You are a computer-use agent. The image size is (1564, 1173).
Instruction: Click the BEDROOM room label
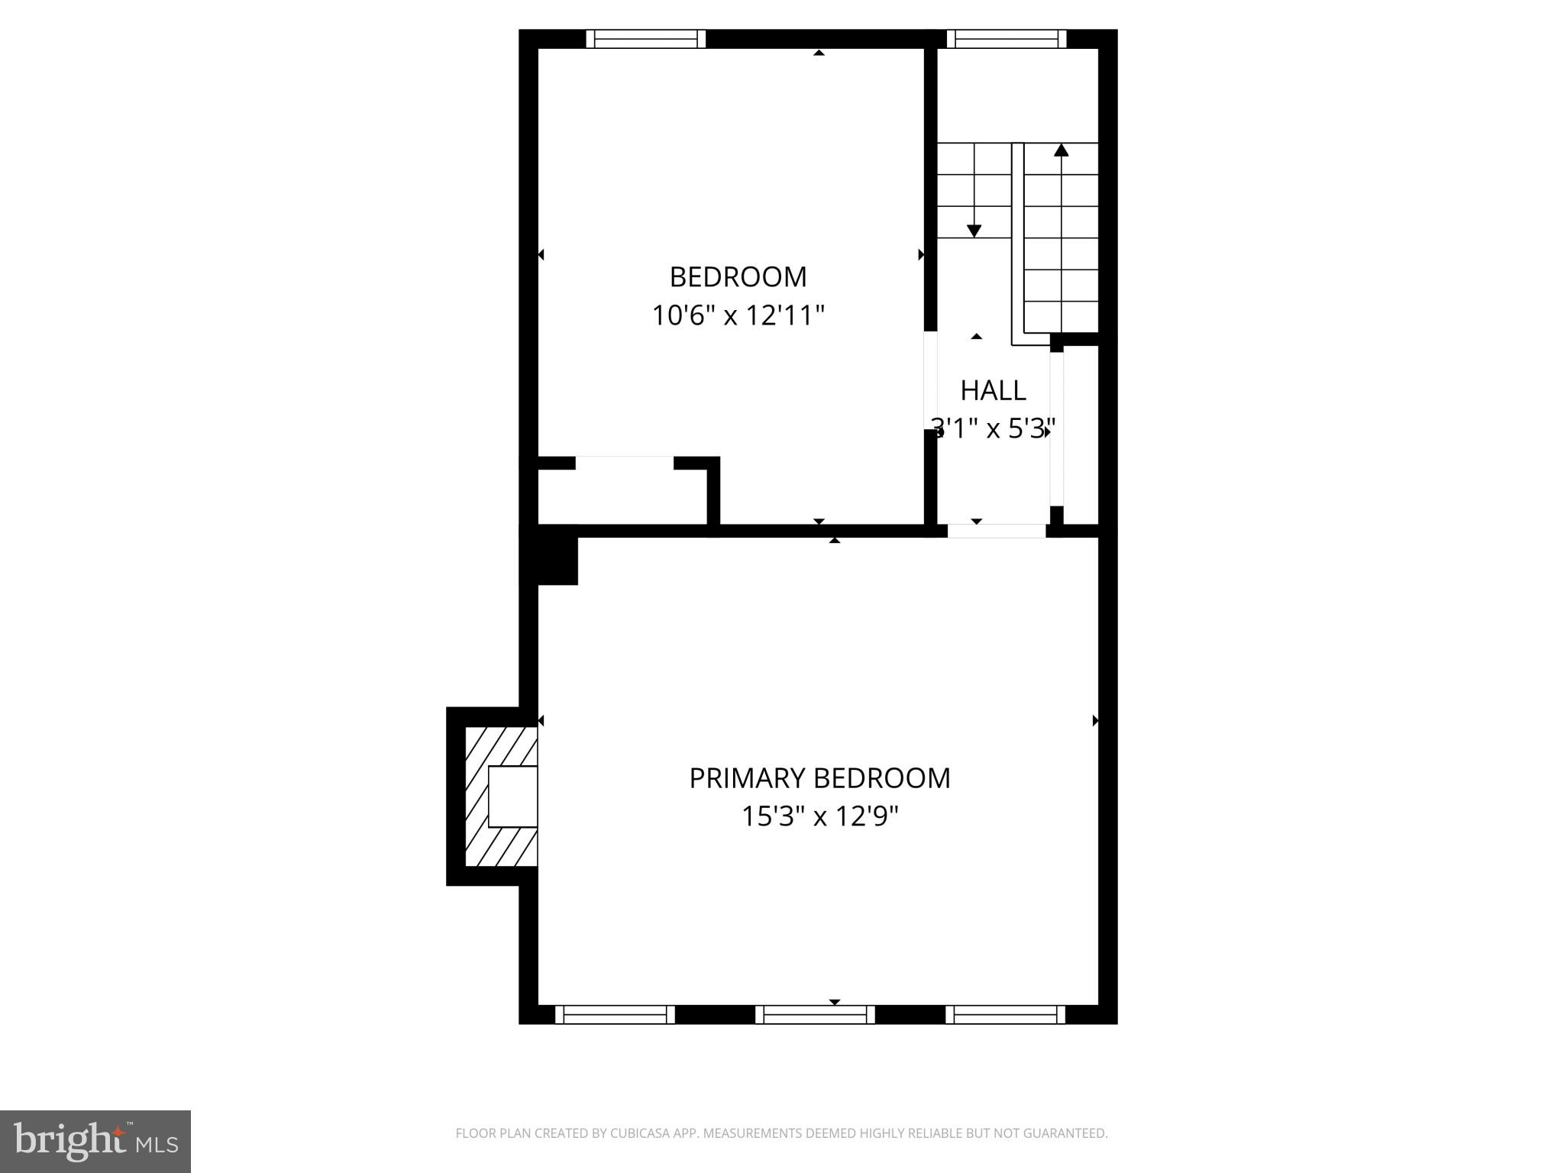pyautogui.click(x=738, y=276)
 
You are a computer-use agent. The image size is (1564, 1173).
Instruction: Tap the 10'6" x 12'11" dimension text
pyautogui.click(x=738, y=315)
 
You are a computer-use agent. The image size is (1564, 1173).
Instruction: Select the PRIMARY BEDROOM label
pyautogui.click(x=819, y=778)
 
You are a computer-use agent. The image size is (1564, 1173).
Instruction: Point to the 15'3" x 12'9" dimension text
pyautogui.click(x=819, y=817)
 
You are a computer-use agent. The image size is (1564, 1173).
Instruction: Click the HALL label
pyautogui.click(x=993, y=390)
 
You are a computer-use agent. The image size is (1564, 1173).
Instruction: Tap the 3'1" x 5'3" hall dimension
pyautogui.click(x=993, y=428)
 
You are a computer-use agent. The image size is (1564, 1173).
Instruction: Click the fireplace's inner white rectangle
pyautogui.click(x=512, y=797)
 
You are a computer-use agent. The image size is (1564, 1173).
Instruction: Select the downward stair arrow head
pyautogui.click(x=974, y=231)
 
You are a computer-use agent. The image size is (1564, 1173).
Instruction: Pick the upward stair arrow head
pyautogui.click(x=1061, y=150)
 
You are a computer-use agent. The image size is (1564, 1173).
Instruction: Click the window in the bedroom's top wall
pyautogui.click(x=645, y=39)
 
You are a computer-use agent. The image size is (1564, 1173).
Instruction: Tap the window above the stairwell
pyautogui.click(x=1007, y=39)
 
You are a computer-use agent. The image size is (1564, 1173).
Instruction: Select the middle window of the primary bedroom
pyautogui.click(x=815, y=1014)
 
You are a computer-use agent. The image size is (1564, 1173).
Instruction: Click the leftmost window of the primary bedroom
pyautogui.click(x=615, y=1014)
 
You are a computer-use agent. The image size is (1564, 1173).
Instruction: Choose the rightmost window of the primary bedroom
pyautogui.click(x=1006, y=1014)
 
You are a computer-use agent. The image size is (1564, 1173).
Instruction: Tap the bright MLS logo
pyautogui.click(x=95, y=1141)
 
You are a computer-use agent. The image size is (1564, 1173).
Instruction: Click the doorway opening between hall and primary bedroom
pyautogui.click(x=997, y=531)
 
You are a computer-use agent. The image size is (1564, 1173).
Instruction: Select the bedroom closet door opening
pyautogui.click(x=625, y=463)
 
